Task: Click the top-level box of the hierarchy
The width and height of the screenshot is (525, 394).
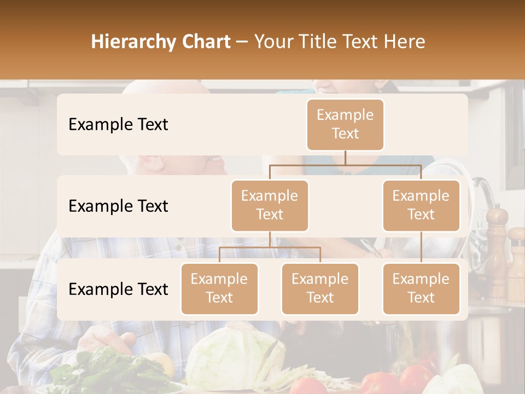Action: (345, 124)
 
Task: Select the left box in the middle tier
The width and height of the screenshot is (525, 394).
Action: (270, 205)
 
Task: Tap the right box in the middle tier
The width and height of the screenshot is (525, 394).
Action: (421, 205)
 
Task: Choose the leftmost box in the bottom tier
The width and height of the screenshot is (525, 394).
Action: (219, 288)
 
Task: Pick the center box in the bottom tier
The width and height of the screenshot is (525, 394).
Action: (320, 288)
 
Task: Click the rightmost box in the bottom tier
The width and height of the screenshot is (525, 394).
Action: (421, 288)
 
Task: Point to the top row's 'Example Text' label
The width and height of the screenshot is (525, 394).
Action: (118, 124)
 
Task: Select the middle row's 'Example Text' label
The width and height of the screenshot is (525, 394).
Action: (118, 206)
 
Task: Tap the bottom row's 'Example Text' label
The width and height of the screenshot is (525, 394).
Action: (118, 289)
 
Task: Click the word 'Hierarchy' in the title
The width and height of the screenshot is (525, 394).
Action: (133, 42)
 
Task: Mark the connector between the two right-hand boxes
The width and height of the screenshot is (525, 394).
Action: (421, 247)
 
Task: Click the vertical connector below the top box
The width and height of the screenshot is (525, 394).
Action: (345, 158)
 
